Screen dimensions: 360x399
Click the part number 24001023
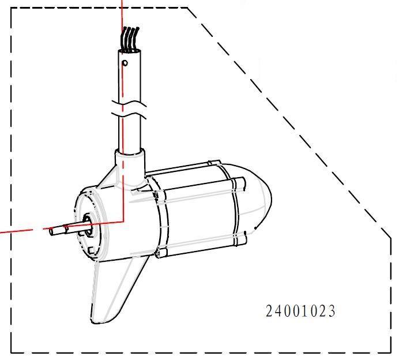pos(300,311)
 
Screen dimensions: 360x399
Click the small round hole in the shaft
pos(125,63)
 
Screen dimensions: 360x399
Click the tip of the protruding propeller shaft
pos(52,231)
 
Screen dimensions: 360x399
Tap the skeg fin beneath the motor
pos(115,291)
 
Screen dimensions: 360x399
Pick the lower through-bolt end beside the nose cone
pos(245,237)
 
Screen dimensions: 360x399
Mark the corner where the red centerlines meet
pos(123,221)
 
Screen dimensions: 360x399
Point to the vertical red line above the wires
pos(122,14)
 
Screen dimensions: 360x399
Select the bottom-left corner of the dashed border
pos(12,352)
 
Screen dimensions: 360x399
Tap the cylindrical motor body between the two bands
pos(199,211)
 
